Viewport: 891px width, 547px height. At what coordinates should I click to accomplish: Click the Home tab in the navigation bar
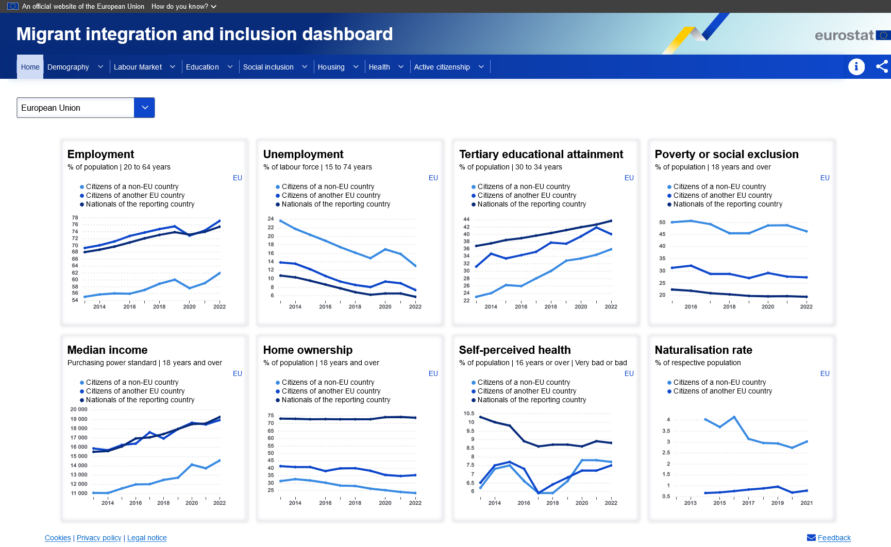tap(30, 67)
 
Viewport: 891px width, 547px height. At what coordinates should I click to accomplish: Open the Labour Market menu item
tap(138, 67)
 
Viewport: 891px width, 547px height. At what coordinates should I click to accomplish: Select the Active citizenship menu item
tap(442, 67)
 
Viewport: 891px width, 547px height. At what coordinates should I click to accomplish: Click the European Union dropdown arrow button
tap(144, 108)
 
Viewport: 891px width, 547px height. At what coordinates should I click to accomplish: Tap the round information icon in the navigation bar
tap(856, 66)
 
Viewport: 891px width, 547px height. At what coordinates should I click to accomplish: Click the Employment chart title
tap(100, 154)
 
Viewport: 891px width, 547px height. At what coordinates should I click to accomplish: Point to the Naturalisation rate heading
tap(703, 350)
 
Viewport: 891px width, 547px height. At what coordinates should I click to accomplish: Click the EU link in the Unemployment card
tap(433, 178)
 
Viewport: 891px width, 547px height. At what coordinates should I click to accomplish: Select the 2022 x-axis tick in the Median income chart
tap(220, 503)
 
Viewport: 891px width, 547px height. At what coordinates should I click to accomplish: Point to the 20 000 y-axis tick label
tap(79, 409)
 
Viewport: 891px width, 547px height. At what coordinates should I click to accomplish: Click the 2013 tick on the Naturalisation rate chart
tap(690, 503)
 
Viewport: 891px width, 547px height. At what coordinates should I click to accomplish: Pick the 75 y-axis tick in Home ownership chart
tap(271, 415)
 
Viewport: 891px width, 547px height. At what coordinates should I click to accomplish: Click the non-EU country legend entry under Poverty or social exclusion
tap(719, 186)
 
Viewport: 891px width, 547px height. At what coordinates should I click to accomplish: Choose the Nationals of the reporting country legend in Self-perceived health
tap(531, 400)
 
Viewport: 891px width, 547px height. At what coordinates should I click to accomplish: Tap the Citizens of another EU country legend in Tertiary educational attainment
tap(527, 195)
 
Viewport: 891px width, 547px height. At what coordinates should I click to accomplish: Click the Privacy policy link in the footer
tap(99, 538)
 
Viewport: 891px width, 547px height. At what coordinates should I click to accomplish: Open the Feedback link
tap(834, 538)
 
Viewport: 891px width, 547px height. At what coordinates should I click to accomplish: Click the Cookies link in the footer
tap(58, 538)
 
